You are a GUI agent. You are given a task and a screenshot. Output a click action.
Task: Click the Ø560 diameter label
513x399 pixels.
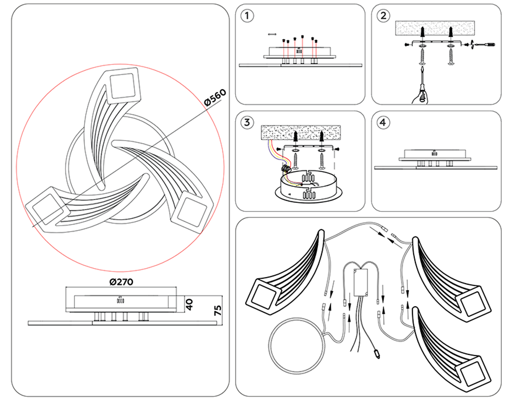pyautogui.click(x=215, y=97)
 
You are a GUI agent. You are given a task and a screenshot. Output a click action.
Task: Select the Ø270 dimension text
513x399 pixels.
pyautogui.click(x=121, y=282)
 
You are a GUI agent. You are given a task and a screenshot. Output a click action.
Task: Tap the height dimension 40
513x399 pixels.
pyautogui.click(x=189, y=304)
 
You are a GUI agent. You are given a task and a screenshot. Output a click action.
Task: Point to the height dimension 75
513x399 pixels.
pyautogui.click(x=218, y=310)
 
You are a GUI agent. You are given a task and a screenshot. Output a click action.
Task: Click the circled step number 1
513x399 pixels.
pyautogui.click(x=247, y=16)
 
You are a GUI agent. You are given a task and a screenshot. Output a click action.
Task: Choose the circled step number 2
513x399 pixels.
pyautogui.click(x=383, y=16)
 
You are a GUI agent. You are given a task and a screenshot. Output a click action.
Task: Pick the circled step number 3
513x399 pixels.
pyautogui.click(x=247, y=123)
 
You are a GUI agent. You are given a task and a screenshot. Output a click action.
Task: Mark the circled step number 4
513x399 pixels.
pyautogui.click(x=383, y=123)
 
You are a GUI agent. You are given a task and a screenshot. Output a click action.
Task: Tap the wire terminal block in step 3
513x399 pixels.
pyautogui.click(x=286, y=168)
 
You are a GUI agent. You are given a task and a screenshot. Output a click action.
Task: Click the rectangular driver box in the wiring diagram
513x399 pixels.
pyautogui.click(x=361, y=282)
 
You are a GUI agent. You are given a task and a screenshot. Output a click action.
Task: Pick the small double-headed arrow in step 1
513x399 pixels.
pyautogui.click(x=272, y=34)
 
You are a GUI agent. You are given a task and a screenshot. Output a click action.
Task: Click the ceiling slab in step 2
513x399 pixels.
pyautogui.click(x=435, y=28)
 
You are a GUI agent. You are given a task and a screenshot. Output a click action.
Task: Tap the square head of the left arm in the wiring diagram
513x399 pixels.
pyautogui.click(x=262, y=296)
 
